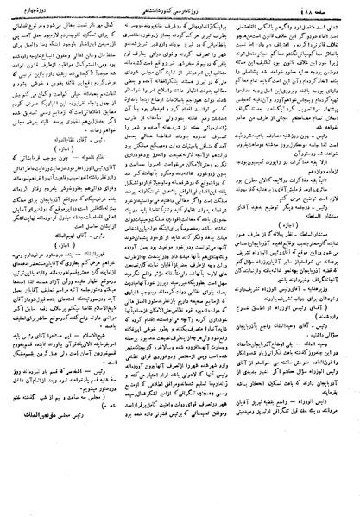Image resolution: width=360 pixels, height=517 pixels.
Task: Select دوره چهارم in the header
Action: point(30,9)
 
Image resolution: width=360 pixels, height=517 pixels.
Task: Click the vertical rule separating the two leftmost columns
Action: point(123,259)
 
